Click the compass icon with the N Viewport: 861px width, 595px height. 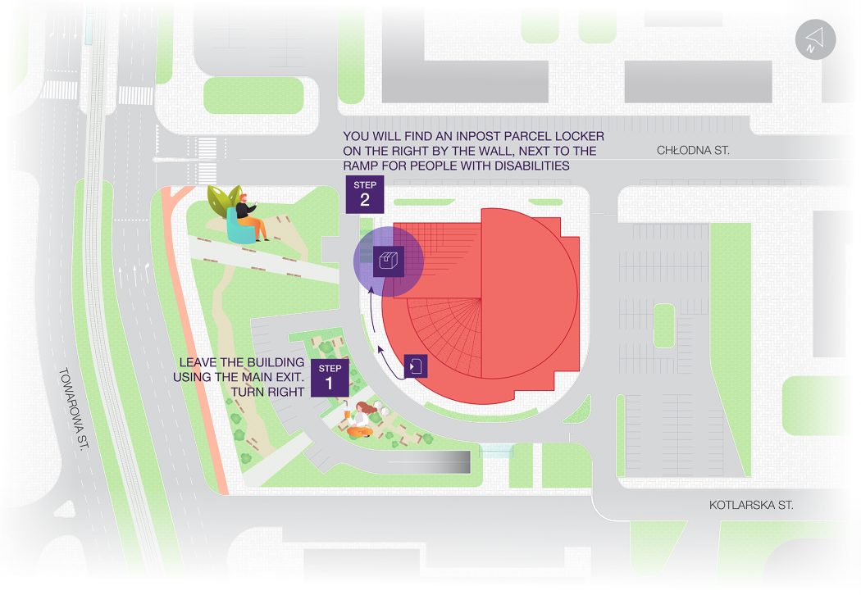(815, 39)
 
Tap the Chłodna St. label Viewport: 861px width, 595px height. (693, 151)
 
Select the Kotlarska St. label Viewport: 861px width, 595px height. (750, 505)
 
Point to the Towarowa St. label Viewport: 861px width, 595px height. (74, 409)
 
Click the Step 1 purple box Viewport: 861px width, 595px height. (330, 378)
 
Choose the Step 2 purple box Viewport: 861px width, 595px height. (365, 194)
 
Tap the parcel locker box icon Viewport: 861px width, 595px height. (388, 261)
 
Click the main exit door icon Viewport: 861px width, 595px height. (416, 366)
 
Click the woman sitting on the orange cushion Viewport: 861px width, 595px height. (360, 420)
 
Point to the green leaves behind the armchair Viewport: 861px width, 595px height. (224, 201)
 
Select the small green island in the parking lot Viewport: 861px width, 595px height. (664, 325)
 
